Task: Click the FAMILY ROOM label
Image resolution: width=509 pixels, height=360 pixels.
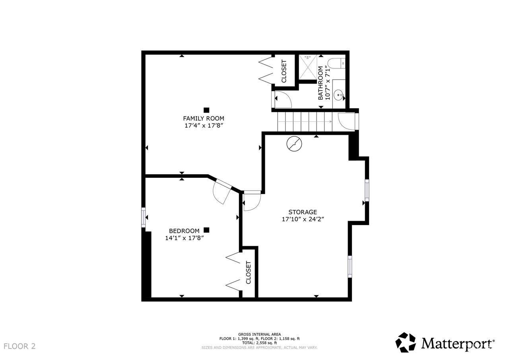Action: point(203,119)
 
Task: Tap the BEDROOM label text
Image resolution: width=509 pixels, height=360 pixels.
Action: point(184,231)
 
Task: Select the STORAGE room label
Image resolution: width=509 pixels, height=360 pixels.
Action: point(303,212)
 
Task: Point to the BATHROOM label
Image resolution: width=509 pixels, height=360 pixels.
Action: point(321,83)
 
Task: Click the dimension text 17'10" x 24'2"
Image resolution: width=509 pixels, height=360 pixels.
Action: point(303,219)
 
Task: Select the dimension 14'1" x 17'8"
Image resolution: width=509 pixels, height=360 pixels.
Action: point(184,238)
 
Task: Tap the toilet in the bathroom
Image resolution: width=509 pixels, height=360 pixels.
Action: point(336,63)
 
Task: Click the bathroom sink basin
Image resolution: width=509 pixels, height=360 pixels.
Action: point(339,95)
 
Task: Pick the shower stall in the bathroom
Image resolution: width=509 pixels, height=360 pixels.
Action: point(308,67)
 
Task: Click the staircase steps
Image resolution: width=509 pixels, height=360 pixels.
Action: point(305,122)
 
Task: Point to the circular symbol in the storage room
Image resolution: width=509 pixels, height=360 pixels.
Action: point(294,144)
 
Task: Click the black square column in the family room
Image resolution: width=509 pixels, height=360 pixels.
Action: point(206,110)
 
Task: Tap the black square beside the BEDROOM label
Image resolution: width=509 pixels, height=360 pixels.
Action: point(206,230)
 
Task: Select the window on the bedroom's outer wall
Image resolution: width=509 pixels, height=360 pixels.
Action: point(144,217)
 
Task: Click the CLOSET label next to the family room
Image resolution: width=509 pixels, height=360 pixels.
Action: point(284,71)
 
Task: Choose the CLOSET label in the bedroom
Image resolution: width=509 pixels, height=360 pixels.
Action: point(249,272)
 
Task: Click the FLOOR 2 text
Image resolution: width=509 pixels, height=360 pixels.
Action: point(20,346)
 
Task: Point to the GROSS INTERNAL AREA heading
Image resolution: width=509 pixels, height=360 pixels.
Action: point(260,334)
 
